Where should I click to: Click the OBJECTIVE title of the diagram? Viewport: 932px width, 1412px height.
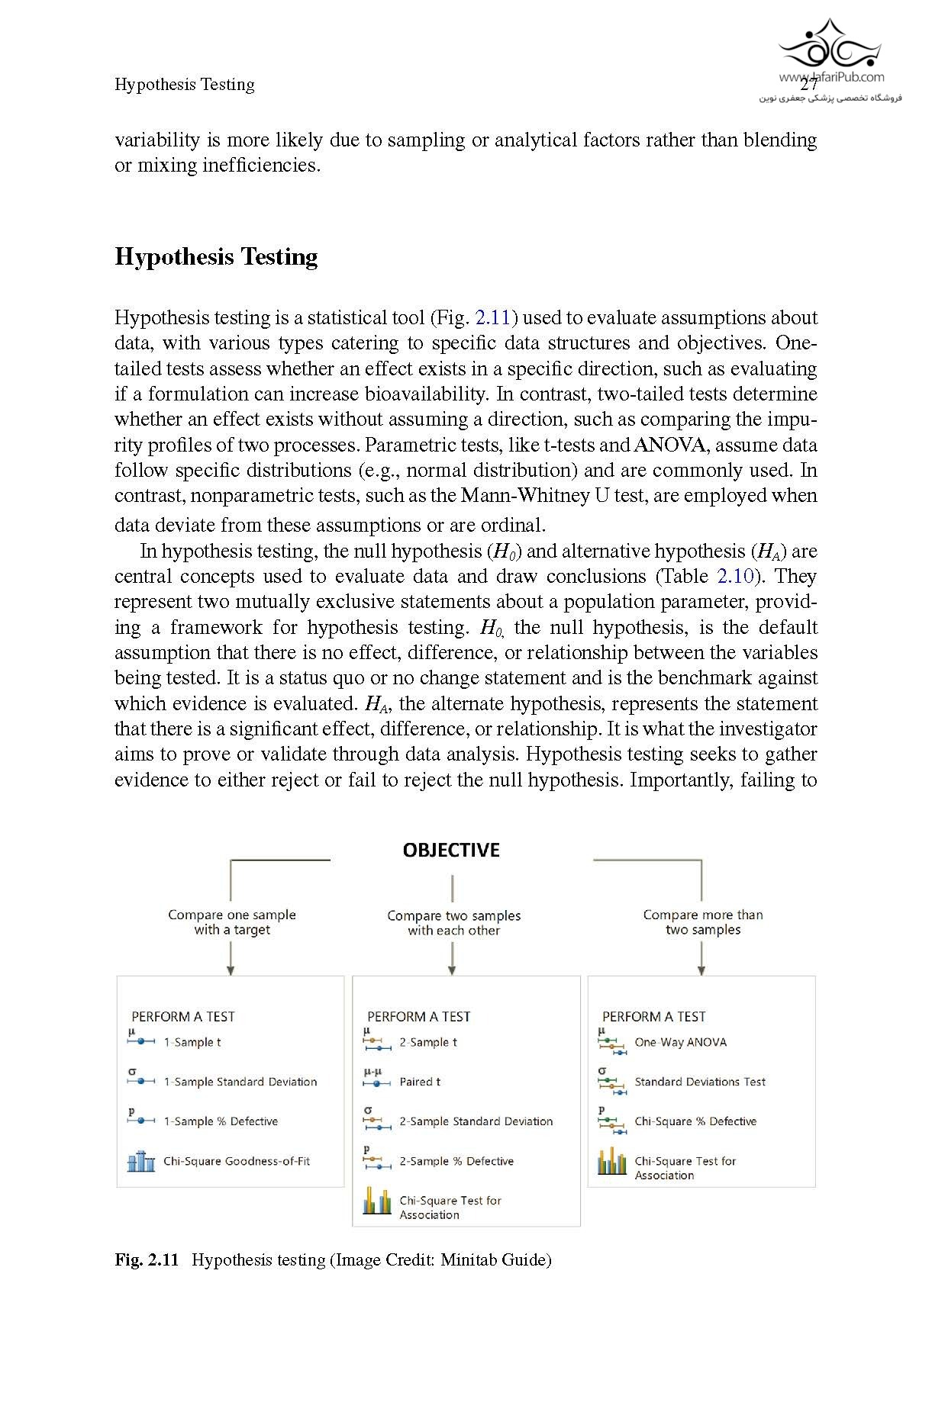[x=451, y=851]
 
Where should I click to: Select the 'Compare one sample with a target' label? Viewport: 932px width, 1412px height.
[x=232, y=922]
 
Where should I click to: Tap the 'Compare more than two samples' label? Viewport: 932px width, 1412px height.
[x=703, y=922]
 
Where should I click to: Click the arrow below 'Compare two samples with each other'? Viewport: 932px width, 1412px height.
[x=453, y=959]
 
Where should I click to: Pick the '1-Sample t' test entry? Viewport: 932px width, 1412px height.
[x=192, y=1042]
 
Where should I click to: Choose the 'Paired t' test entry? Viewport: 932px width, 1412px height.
[x=420, y=1082]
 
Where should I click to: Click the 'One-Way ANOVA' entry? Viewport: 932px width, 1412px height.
[x=680, y=1042]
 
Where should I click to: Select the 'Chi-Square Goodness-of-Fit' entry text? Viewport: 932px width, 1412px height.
[x=237, y=1161]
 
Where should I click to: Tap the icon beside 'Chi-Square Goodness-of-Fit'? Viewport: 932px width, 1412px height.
[x=140, y=1161]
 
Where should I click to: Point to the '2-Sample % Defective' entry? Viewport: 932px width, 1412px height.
[x=456, y=1161]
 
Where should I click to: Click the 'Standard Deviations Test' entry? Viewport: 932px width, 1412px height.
[x=700, y=1082]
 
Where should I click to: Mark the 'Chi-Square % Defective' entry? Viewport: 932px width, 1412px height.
[x=695, y=1121]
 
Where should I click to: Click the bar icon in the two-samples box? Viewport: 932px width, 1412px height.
[x=377, y=1201]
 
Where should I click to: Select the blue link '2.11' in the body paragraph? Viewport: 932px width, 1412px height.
[x=492, y=317]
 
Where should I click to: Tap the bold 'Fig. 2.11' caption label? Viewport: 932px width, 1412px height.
[x=147, y=1259]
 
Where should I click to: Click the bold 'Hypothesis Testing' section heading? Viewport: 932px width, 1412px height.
[x=216, y=257]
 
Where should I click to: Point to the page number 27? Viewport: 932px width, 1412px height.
[x=808, y=85]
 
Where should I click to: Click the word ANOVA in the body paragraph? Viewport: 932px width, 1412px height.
[x=669, y=445]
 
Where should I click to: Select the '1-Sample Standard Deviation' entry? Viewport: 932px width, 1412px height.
[x=240, y=1082]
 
